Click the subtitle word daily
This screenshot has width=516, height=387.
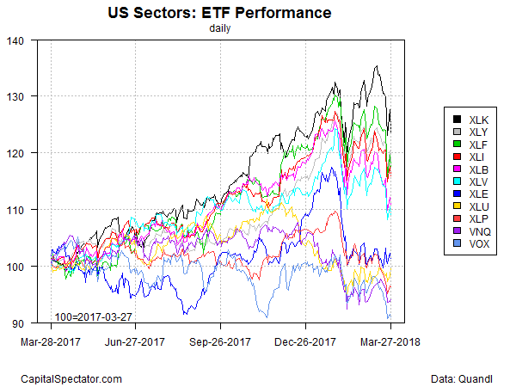220,28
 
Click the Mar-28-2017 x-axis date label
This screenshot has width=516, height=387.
51,342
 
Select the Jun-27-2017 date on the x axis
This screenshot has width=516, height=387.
135,342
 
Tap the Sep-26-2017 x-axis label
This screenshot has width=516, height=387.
220,342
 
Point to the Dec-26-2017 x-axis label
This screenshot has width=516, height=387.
306,342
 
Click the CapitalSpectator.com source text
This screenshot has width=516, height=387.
71,378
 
